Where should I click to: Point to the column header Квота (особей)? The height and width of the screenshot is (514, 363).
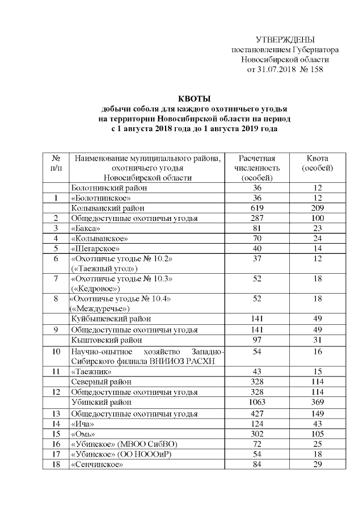[x=317, y=164]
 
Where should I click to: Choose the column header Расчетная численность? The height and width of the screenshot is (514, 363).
[x=257, y=164]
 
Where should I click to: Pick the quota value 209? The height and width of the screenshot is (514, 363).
[x=317, y=208]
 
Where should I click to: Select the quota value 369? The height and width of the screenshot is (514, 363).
[x=317, y=402]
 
